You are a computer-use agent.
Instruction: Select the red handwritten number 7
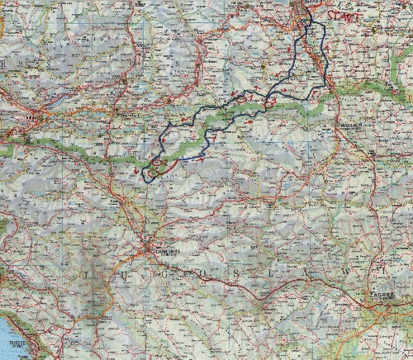pyautogui.click(x=214, y=139)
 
